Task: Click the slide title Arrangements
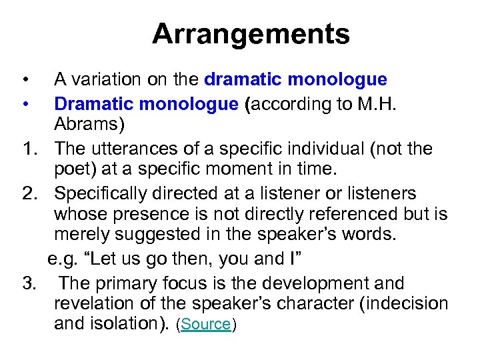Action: click(x=251, y=34)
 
